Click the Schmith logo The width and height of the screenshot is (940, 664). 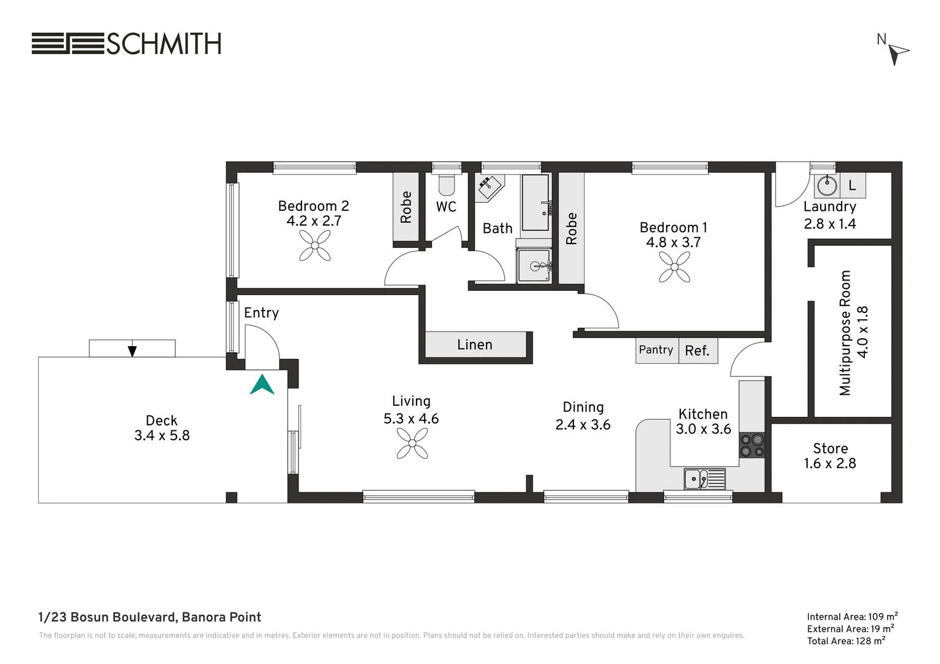tap(126, 44)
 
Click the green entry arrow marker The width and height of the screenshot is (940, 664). tap(262, 385)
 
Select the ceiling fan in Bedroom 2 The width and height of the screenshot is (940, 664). tap(315, 246)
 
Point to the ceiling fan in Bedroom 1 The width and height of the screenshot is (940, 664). tap(674, 267)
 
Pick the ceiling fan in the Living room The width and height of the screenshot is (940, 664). tap(412, 443)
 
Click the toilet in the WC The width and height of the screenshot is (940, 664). tap(447, 184)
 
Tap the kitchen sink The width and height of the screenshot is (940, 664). tap(704, 478)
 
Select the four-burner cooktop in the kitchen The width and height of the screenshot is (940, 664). tap(752, 445)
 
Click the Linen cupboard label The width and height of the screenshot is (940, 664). tap(475, 344)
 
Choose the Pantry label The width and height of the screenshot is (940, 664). tap(656, 349)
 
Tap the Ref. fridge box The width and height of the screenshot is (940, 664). tap(698, 350)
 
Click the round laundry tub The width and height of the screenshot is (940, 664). tap(827, 186)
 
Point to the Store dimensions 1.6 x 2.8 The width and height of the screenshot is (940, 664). tap(830, 463)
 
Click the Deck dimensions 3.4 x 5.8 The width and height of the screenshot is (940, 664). tap(162, 435)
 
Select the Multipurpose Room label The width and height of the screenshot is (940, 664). tap(845, 333)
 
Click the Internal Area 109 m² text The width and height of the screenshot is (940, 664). tap(852, 617)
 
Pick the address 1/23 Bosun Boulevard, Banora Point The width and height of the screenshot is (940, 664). tap(150, 617)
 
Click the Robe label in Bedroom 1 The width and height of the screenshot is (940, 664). tap(571, 229)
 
